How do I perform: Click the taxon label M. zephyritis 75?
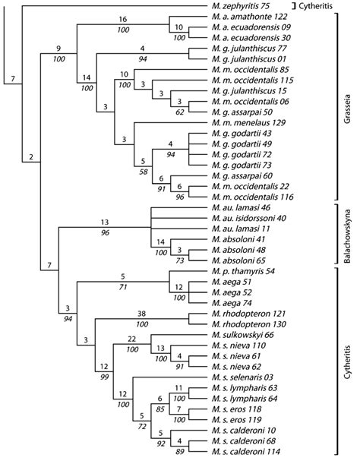click(238, 6)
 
